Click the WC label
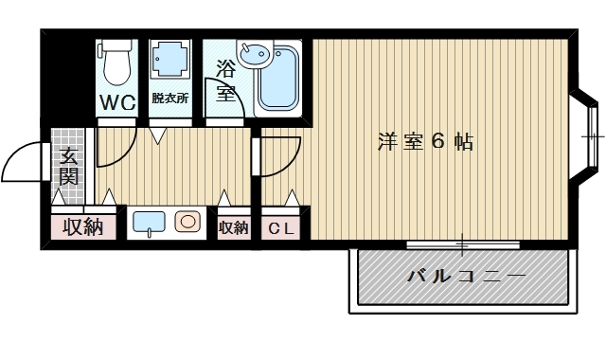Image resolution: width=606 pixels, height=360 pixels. tap(118, 101)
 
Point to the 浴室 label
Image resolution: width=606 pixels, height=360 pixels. tap(225, 81)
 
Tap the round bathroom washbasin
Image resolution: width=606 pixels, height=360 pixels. tap(252, 55)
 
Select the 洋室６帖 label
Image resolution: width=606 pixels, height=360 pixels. tap(425, 142)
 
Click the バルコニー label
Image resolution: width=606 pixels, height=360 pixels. tap(465, 278)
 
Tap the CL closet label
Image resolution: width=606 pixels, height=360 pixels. tap(279, 227)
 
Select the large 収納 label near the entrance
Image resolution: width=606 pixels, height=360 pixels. tap(82, 227)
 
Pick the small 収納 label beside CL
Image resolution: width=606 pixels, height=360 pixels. tap(233, 227)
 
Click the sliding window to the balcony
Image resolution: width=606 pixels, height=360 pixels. tap(463, 245)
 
